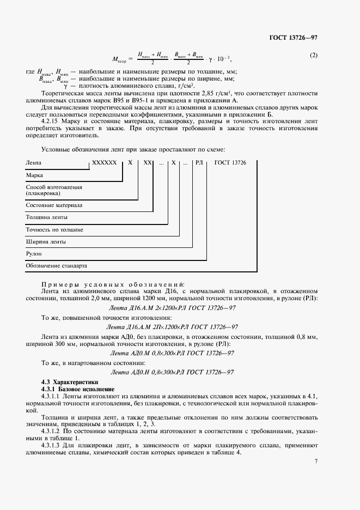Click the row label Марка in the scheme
pos(34,176)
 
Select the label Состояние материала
pos(54,205)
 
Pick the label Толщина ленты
pos(46,217)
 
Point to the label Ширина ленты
pos(46,241)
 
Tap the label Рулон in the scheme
pos(34,253)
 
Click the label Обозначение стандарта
pos(57,266)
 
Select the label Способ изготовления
pos(54,187)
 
